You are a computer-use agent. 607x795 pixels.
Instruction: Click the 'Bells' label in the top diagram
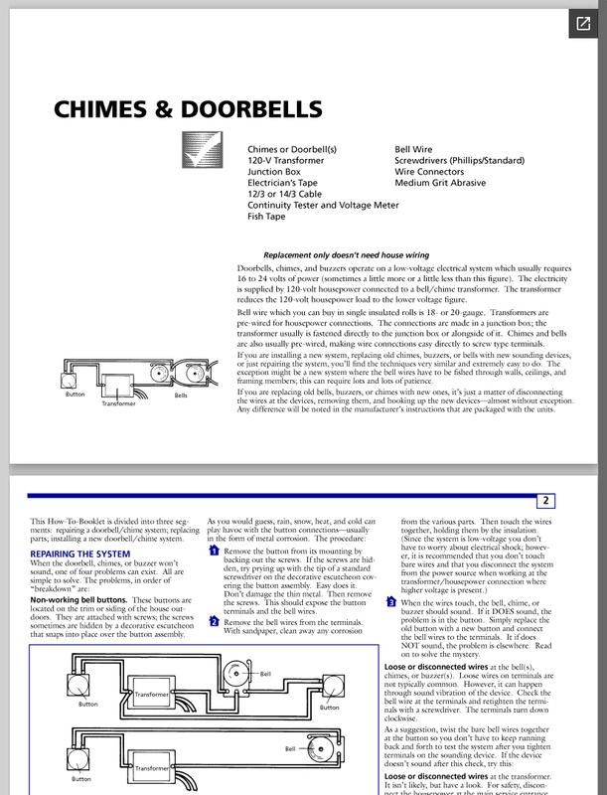click(180, 395)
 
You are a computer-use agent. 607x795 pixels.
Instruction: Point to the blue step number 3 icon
click(390, 602)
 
